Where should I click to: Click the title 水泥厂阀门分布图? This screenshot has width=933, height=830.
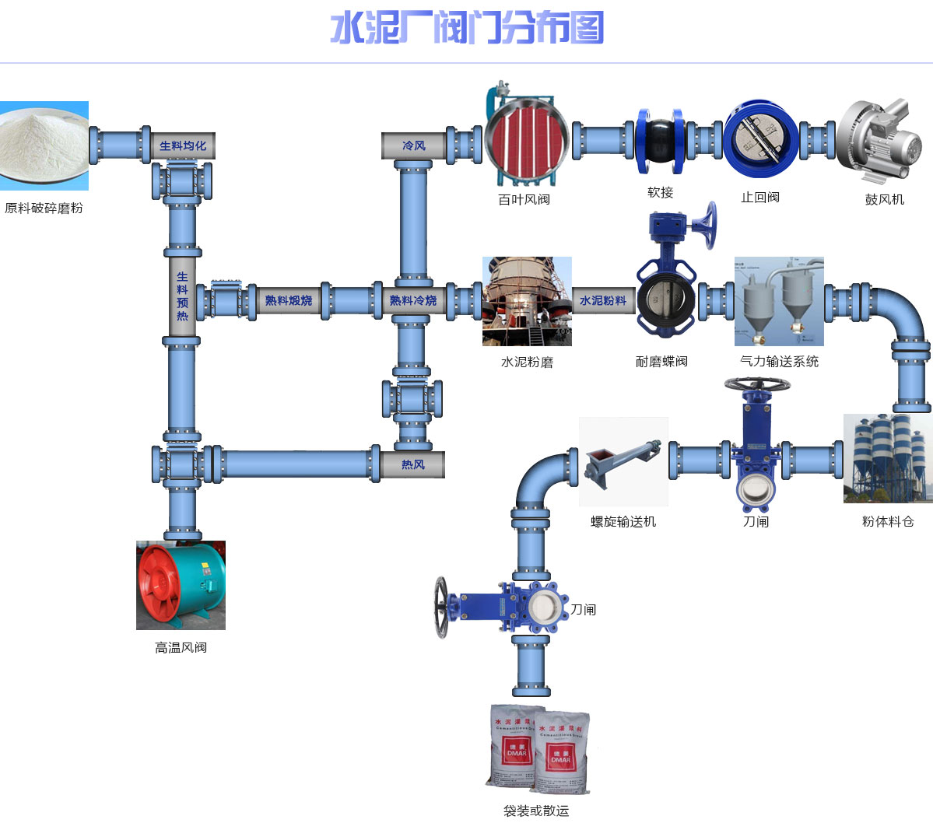coord(467,29)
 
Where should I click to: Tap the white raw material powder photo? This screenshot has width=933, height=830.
coord(44,145)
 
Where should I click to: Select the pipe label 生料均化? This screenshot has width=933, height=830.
coord(183,145)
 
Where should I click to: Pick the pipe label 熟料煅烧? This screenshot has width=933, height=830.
coord(288,300)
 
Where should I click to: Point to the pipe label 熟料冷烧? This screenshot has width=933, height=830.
coord(412,300)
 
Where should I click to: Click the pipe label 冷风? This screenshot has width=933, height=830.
coord(413,145)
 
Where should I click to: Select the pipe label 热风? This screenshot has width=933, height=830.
coord(412,464)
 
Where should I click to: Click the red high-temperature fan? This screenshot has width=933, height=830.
coord(181,585)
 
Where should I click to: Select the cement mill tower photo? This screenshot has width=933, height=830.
coord(527,301)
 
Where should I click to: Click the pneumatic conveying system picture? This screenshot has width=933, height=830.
coord(779,301)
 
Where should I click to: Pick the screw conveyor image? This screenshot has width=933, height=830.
coord(623,461)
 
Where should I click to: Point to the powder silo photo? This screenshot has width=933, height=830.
coord(888,458)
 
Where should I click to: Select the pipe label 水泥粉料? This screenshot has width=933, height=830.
coord(603,300)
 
